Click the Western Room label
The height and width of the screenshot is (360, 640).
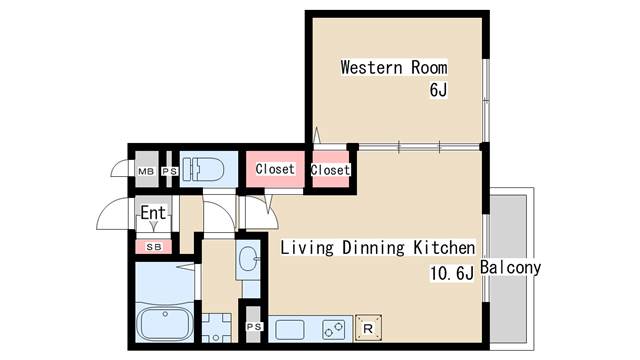(394, 67)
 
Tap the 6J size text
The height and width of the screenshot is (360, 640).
(438, 90)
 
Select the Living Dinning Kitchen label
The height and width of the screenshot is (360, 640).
(378, 248)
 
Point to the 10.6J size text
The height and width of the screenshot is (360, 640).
(452, 273)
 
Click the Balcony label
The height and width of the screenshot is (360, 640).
(510, 267)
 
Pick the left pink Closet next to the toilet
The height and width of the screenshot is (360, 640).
(275, 169)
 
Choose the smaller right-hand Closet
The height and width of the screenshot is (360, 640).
(331, 169)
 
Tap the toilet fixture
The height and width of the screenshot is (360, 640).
(203, 169)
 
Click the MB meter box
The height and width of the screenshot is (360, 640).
(146, 169)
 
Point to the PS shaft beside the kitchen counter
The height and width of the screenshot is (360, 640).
(253, 325)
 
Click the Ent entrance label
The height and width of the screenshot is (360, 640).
(153, 213)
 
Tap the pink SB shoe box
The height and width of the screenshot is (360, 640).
(153, 247)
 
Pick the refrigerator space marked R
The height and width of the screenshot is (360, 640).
(369, 328)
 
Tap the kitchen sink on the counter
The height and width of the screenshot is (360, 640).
(289, 330)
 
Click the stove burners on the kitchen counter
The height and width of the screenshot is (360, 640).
(333, 329)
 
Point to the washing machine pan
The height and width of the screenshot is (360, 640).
(216, 328)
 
